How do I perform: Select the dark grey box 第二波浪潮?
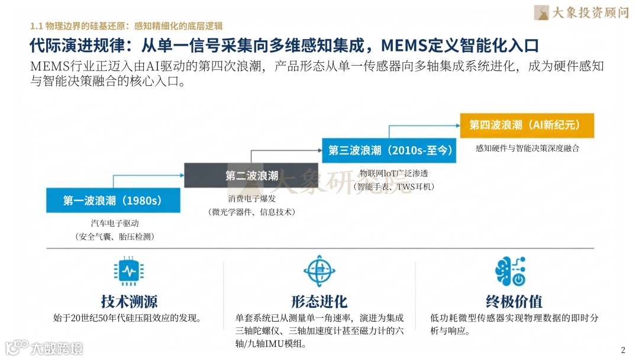click(x=251, y=175)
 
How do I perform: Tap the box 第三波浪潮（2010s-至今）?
click(x=390, y=150)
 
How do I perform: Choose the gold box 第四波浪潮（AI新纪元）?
click(x=527, y=125)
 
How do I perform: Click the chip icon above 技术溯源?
click(x=128, y=271)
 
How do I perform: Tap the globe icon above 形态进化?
click(x=319, y=271)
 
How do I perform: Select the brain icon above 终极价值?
click(x=509, y=272)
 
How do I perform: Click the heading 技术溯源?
click(x=129, y=301)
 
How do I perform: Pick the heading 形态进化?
click(x=319, y=301)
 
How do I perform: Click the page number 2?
click(x=622, y=349)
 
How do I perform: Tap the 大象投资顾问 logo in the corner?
click(x=581, y=12)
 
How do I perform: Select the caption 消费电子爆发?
click(x=251, y=198)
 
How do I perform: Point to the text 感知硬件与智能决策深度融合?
click(x=527, y=148)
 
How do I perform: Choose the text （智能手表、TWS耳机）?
click(x=393, y=187)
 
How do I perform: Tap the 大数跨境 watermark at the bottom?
click(x=44, y=348)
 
